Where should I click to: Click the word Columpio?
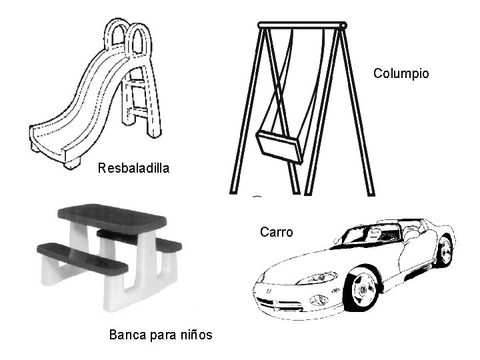click(401, 73)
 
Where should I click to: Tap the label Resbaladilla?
click(133, 168)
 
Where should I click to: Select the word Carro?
click(276, 232)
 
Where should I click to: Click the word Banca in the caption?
click(127, 334)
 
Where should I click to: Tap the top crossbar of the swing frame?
click(302, 25)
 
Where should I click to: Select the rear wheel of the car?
click(443, 252)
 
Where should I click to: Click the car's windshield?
click(365, 235)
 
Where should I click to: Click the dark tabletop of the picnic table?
click(112, 217)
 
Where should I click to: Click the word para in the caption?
click(159, 334)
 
